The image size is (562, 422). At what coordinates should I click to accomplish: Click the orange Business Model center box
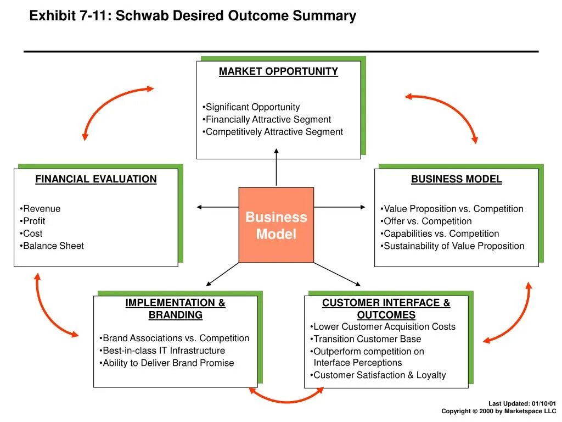coord(276,225)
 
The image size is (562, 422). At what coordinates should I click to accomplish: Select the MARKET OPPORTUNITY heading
coord(278,71)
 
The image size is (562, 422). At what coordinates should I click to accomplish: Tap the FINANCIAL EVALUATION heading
coord(96,179)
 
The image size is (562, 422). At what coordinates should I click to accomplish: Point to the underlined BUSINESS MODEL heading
coord(457,179)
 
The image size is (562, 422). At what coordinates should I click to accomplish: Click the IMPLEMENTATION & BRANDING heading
coord(175,309)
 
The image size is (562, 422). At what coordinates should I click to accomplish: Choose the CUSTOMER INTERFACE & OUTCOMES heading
coord(386,309)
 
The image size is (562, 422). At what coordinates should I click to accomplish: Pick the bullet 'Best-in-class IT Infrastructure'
coord(164,351)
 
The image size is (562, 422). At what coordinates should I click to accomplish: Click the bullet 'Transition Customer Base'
coord(367,339)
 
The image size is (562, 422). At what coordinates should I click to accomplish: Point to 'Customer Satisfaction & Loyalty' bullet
coord(379,375)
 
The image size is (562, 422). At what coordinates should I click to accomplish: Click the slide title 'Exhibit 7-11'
coord(193,16)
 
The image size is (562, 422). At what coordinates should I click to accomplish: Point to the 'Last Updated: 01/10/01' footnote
coord(522,403)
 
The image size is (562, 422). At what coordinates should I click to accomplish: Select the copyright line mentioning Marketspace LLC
coord(498,411)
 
